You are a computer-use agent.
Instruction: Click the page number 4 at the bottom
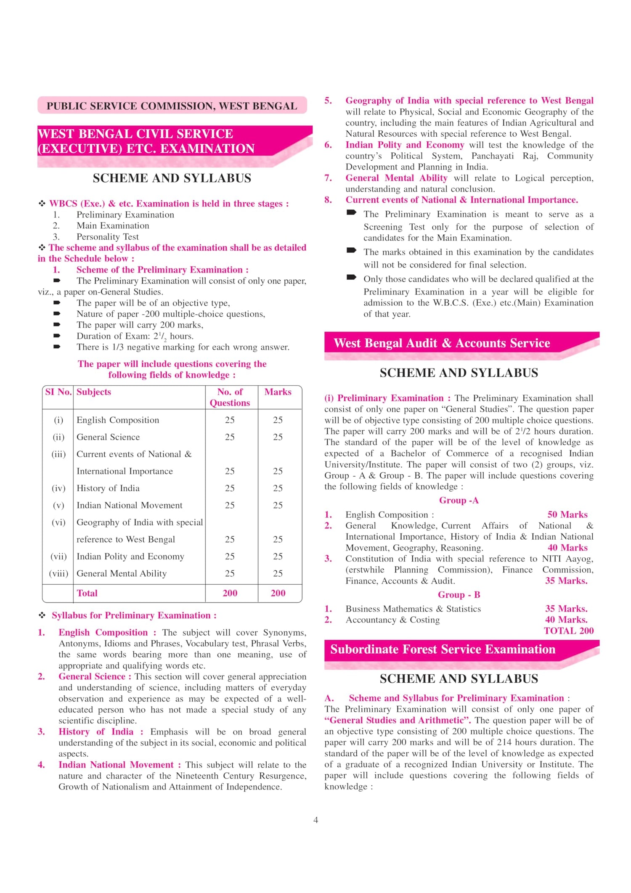click(x=315, y=820)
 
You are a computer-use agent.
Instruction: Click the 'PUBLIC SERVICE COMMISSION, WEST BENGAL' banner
click(x=172, y=106)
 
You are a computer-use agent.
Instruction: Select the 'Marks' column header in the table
click(x=278, y=392)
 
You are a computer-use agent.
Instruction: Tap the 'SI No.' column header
click(x=58, y=392)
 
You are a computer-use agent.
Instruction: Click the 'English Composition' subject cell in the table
click(x=118, y=420)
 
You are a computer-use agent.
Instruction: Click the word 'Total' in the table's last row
click(x=87, y=593)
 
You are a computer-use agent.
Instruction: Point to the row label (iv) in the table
click(x=58, y=488)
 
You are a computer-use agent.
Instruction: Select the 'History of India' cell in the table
click(x=108, y=488)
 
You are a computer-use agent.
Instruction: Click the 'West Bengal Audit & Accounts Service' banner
click(x=442, y=343)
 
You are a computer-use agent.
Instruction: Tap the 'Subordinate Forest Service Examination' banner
click(x=443, y=649)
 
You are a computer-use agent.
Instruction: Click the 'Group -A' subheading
click(x=459, y=500)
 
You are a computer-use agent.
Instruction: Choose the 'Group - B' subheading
click(x=459, y=595)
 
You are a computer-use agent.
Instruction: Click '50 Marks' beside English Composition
click(x=567, y=514)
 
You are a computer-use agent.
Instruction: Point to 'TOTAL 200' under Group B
click(x=568, y=631)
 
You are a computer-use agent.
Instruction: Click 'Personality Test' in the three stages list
click(x=108, y=237)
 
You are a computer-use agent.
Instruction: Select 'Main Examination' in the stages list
click(x=113, y=226)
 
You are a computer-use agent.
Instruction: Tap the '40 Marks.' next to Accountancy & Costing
click(x=566, y=620)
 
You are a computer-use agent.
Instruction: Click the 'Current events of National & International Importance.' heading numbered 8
click(x=461, y=200)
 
